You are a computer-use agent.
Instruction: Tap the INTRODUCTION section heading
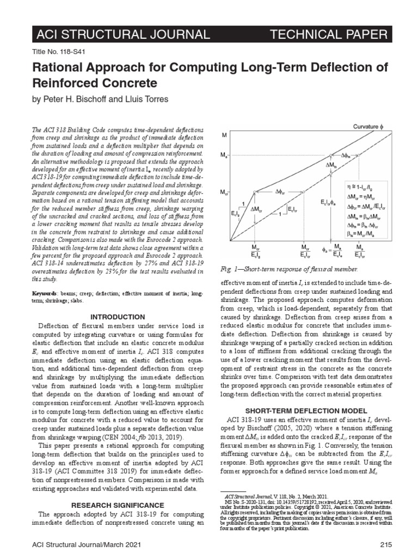tap(118, 317)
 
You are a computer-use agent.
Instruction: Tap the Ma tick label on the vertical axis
tap(224, 155)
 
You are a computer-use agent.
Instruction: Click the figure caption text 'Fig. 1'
tap(228, 270)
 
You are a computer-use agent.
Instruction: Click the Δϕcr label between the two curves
tap(281, 192)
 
